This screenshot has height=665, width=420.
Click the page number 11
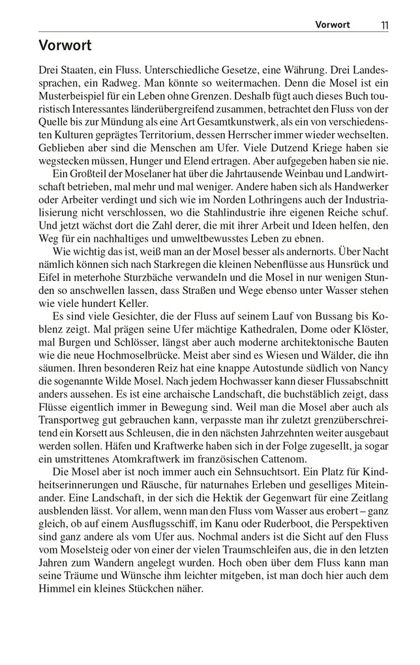coord(384,25)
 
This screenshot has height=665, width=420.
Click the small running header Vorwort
coord(333,25)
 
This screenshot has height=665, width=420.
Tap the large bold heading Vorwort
coord(65,46)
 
